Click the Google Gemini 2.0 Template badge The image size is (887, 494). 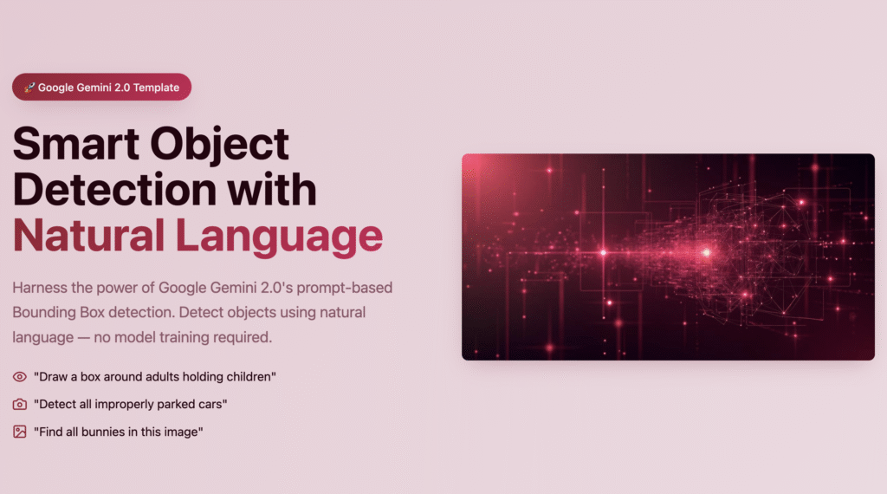102,88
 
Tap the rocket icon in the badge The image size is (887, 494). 29,88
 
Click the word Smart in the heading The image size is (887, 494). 76,144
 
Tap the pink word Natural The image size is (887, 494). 88,236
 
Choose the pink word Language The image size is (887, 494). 279,237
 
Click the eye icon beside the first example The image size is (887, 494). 20,377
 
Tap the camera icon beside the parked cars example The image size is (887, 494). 20,404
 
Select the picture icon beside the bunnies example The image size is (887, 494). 20,432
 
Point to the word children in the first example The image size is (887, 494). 250,377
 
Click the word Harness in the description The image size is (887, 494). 40,288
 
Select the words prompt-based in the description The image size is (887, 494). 345,288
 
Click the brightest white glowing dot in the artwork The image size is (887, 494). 707,252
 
